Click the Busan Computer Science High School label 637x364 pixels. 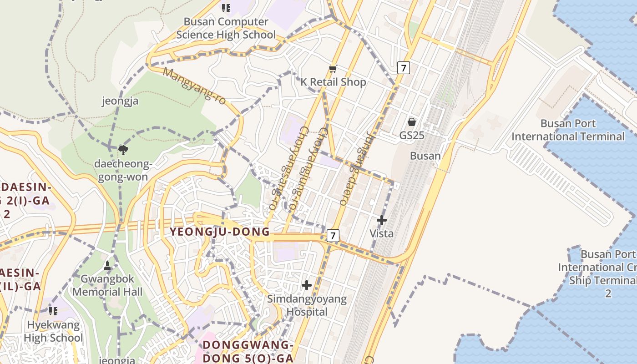pyautogui.click(x=226, y=28)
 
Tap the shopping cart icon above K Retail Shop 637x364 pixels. pyautogui.click(x=333, y=69)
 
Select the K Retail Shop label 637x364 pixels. pyautogui.click(x=333, y=82)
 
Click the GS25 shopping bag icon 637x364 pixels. pyautogui.click(x=412, y=122)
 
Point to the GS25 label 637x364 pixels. pyautogui.click(x=412, y=135)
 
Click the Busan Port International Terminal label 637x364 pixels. pyautogui.click(x=568, y=130)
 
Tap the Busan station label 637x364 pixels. pyautogui.click(x=425, y=156)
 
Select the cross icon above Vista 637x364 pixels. pyautogui.click(x=382, y=221)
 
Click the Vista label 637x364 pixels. pyautogui.click(x=381, y=233)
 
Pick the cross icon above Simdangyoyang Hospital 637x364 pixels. pyautogui.click(x=307, y=285)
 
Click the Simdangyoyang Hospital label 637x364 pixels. pyautogui.click(x=307, y=305)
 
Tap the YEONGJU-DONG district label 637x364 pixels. pyautogui.click(x=220, y=232)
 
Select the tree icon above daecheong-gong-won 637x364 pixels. pyautogui.click(x=122, y=149)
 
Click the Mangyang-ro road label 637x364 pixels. pyautogui.click(x=194, y=86)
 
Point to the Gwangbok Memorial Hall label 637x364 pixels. pyautogui.click(x=107, y=285)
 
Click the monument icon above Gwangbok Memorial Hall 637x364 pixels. pyautogui.click(x=107, y=265)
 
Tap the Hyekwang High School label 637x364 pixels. pyautogui.click(x=53, y=331)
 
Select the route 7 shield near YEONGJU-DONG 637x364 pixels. pyautogui.click(x=333, y=236)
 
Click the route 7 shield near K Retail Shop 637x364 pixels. pyautogui.click(x=403, y=68)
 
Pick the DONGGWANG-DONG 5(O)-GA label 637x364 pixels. pyautogui.click(x=248, y=351)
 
